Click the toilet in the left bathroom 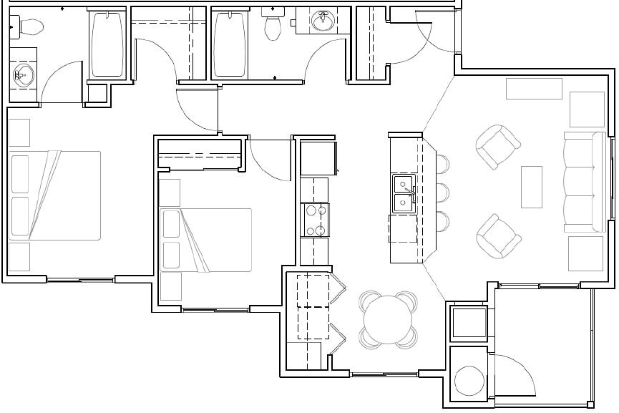[29, 27]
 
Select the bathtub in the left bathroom [107, 44]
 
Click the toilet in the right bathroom [272, 26]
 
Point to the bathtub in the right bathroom [230, 44]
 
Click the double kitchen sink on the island [404, 192]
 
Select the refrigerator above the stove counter [318, 157]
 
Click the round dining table [389, 319]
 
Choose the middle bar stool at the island [442, 191]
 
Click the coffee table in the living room [531, 187]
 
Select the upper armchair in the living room [498, 146]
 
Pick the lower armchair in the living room [498, 235]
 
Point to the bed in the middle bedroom [205, 240]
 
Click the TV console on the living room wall [534, 89]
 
